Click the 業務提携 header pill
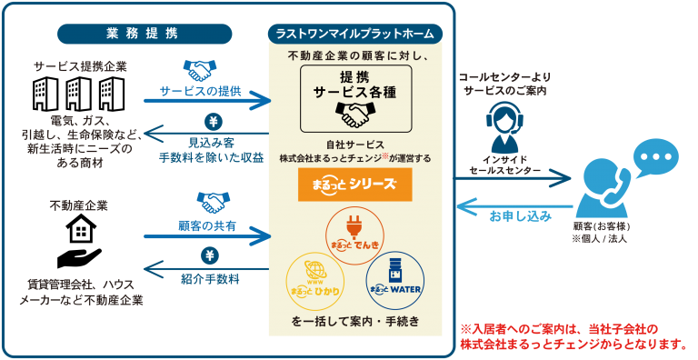pos(145,34)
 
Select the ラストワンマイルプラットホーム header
pos(355,34)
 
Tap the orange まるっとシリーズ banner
pos(355,185)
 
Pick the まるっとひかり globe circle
pos(315,281)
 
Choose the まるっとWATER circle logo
pos(394,281)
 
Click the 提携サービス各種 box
pos(355,99)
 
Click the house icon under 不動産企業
pos(81,228)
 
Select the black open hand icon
pos(80,257)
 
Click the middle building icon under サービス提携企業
pos(79,94)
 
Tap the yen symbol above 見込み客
pos(213,122)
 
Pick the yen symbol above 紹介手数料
pos(210,255)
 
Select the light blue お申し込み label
pos(521,216)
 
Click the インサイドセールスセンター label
pos(505,165)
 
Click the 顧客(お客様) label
pos(602,226)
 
